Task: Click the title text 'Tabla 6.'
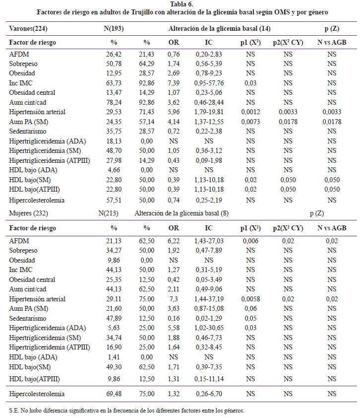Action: click(181, 4)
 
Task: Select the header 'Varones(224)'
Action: click(28, 28)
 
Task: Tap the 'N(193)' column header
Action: click(114, 28)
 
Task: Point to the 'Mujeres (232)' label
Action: click(28, 213)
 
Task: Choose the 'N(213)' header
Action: click(109, 213)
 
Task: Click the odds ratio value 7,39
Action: click(174, 83)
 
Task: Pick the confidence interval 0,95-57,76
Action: click(209, 83)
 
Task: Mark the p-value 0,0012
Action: click(250, 112)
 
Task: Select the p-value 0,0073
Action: click(250, 122)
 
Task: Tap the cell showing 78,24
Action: click(114, 102)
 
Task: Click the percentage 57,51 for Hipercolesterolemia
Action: click(114, 200)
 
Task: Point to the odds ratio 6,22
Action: click(174, 241)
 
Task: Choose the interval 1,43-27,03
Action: click(209, 241)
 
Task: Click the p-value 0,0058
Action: click(250, 299)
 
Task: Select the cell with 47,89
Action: click(114, 318)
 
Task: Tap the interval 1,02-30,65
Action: click(209, 328)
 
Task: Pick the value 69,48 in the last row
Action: click(114, 394)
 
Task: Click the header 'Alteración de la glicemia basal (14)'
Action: click(219, 28)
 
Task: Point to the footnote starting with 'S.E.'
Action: click(126, 411)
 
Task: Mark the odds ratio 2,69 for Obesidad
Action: click(174, 73)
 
